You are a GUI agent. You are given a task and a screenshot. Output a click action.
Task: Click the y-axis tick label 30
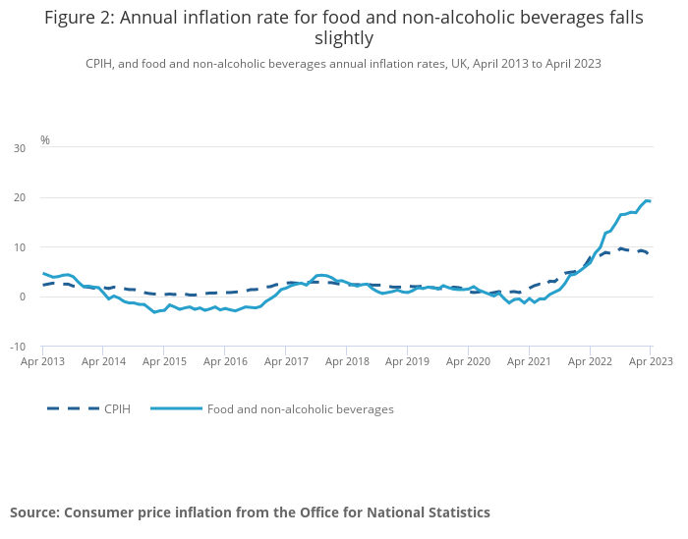click(20, 148)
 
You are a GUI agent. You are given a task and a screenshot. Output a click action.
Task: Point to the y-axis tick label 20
click(20, 197)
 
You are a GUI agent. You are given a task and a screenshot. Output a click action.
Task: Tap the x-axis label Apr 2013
click(42, 361)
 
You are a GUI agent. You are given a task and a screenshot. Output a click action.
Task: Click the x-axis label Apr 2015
click(164, 361)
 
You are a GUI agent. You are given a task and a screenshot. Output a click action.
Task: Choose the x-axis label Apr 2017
click(285, 361)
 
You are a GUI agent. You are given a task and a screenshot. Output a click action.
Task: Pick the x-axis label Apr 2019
click(407, 361)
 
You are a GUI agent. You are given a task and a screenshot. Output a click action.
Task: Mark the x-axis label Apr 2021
click(529, 361)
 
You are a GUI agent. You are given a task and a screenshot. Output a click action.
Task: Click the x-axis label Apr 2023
click(651, 361)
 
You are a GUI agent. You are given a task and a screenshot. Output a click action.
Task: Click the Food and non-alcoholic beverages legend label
click(300, 408)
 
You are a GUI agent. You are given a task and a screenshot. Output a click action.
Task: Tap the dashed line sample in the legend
click(73, 408)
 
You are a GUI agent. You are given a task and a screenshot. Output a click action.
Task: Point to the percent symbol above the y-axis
click(44, 140)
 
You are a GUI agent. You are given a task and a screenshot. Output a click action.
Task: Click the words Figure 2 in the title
click(79, 17)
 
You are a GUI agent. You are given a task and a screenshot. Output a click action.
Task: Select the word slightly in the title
click(343, 38)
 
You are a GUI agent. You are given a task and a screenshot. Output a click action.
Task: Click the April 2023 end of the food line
click(650, 201)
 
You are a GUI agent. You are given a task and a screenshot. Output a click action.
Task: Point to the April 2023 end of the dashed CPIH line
click(649, 253)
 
